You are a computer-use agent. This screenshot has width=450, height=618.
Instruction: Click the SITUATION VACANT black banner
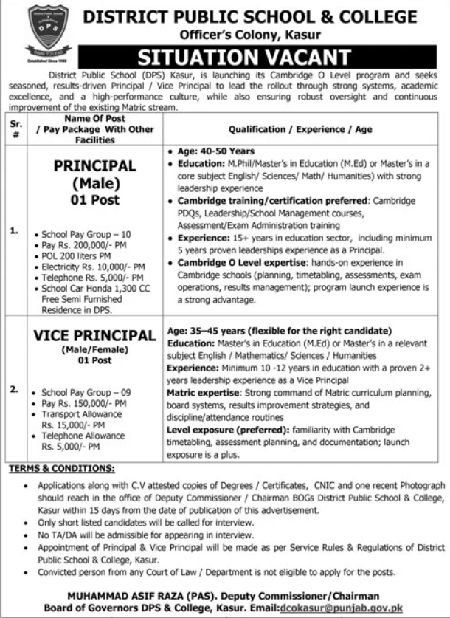(x=261, y=56)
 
